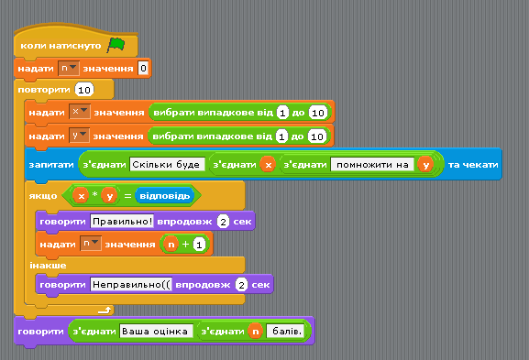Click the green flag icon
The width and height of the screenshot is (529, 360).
point(116,45)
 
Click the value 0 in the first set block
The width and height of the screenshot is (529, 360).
point(143,69)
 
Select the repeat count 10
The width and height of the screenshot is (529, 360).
point(84,90)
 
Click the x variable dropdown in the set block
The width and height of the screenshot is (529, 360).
point(79,112)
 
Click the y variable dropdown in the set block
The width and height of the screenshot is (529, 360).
point(79,136)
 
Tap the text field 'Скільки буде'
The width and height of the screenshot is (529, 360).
point(168,165)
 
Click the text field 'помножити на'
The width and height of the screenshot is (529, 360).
point(372,165)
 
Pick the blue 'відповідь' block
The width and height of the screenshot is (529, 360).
point(165,196)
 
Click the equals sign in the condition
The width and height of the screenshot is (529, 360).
point(127,196)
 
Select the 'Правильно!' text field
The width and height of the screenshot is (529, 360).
point(122,222)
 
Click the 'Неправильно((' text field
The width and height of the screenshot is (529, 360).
point(131,285)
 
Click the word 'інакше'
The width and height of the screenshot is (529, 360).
point(48,266)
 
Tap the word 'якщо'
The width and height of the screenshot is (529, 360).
point(43,196)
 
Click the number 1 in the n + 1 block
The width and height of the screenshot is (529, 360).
point(199,245)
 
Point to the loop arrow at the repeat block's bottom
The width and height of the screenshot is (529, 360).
point(105,311)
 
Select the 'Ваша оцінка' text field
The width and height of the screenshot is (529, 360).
point(156,332)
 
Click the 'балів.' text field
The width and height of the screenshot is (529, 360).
point(285,332)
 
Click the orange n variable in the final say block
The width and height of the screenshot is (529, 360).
point(256,332)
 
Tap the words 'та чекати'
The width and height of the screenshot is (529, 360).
point(473,165)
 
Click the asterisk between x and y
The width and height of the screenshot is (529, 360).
point(95,194)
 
